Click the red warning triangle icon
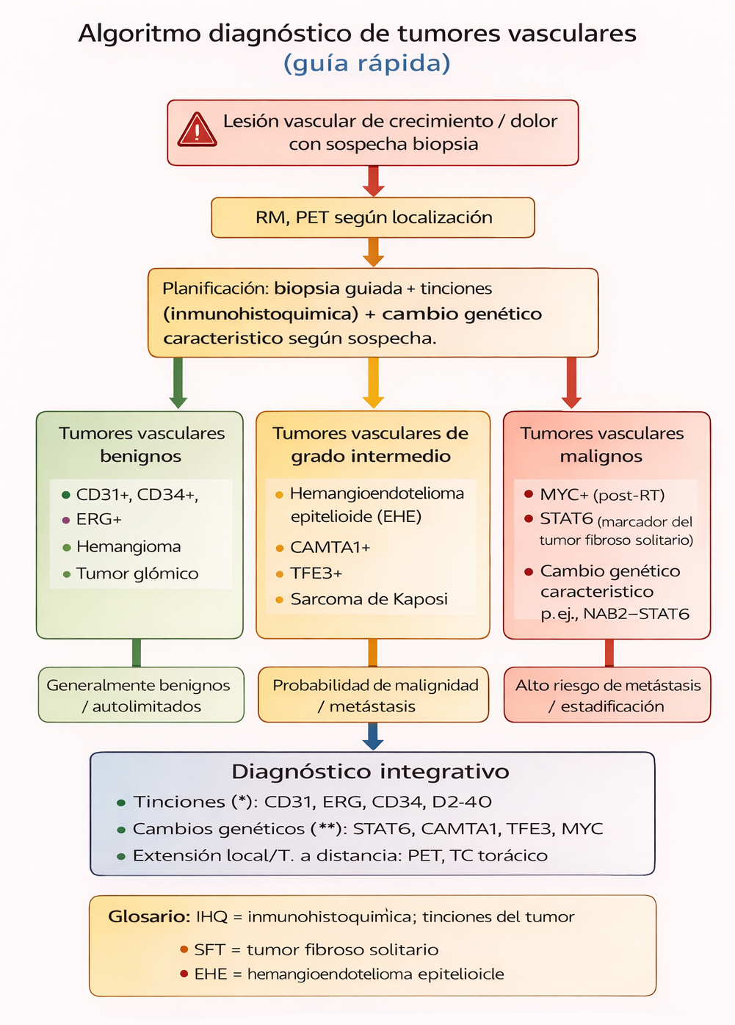click(x=197, y=130)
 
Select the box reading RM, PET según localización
click(x=373, y=217)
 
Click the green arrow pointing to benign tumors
click(x=178, y=383)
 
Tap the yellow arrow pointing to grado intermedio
click(x=373, y=383)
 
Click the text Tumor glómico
click(x=137, y=573)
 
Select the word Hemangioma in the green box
click(x=128, y=546)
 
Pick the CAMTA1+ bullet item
click(x=330, y=547)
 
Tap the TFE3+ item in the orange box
click(x=316, y=573)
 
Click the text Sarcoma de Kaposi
click(x=369, y=599)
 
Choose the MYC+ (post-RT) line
click(x=602, y=495)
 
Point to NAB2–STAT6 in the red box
click(x=636, y=614)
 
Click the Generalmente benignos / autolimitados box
click(x=141, y=695)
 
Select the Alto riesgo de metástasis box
click(x=607, y=695)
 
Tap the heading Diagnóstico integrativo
click(x=370, y=772)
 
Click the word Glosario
click(x=149, y=916)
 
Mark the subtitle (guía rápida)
click(x=366, y=63)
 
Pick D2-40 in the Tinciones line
click(x=462, y=802)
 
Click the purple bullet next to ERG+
click(x=66, y=520)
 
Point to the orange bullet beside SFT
click(x=184, y=949)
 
